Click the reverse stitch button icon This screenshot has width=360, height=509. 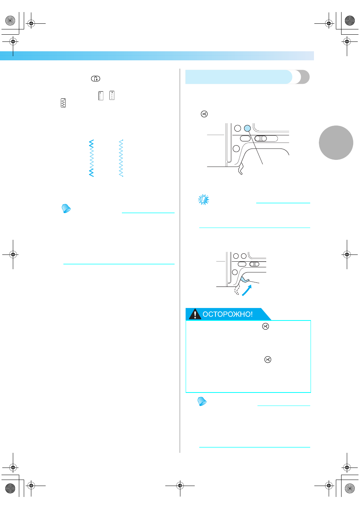pos(95,79)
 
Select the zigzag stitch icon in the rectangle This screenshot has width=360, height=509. pos(63,103)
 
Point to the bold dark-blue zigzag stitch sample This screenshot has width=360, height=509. pos(91,158)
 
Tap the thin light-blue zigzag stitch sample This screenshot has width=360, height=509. pos(121,158)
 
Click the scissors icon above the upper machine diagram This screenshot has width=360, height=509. pos(204,114)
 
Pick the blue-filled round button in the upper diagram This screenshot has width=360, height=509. pos(248,129)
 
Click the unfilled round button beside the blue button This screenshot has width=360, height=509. pos(238,129)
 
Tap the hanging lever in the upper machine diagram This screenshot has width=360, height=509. pos(241,169)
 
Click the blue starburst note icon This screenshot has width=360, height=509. pos(203,199)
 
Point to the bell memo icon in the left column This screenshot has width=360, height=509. pos(66,209)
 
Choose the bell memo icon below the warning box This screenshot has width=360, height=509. pos(202,402)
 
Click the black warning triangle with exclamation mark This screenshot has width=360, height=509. pos(195,314)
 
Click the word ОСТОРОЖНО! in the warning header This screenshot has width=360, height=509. pos(228,314)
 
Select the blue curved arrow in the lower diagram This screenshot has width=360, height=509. pos(247,290)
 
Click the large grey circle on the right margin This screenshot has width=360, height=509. pos(336,143)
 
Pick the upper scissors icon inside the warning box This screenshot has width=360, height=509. pos(265,326)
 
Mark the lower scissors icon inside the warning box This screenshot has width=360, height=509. pos(268,359)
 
